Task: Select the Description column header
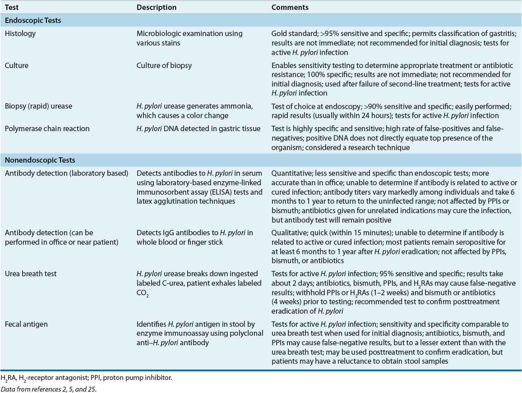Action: (x=157, y=8)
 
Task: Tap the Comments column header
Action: (x=290, y=8)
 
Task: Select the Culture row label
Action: (x=16, y=65)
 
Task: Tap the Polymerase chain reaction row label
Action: (x=47, y=128)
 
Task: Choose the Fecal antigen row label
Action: (x=25, y=324)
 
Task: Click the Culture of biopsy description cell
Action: (x=164, y=65)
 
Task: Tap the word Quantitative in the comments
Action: (x=290, y=174)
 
